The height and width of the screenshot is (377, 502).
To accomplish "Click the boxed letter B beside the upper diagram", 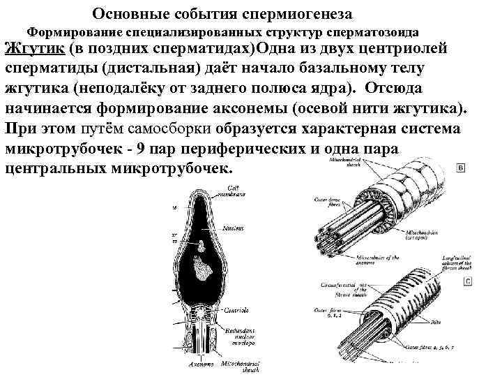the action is coord(461,168).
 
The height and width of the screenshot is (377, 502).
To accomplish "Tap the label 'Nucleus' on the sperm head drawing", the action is coord(234,228).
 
